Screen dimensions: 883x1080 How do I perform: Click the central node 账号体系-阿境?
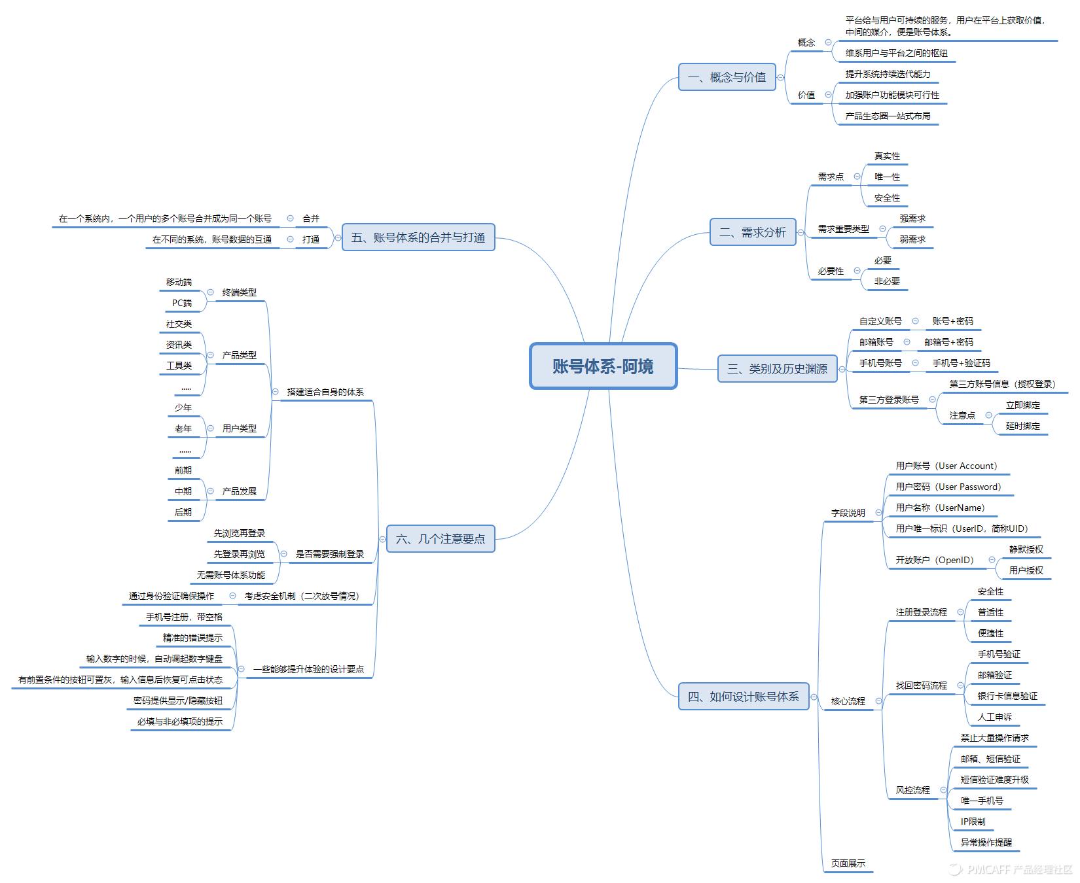click(x=603, y=366)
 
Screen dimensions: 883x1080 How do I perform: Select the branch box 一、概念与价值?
click(x=727, y=77)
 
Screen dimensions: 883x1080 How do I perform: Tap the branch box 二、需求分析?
click(x=753, y=232)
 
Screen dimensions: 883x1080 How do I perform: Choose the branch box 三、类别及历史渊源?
click(x=777, y=369)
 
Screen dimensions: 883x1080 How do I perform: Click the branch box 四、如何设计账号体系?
click(x=743, y=697)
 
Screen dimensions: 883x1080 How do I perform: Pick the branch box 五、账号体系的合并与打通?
click(x=418, y=237)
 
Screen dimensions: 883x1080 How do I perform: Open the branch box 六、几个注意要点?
click(x=441, y=539)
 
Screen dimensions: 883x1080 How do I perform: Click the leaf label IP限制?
click(x=973, y=822)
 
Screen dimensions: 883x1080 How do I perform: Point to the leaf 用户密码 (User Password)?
click(x=948, y=487)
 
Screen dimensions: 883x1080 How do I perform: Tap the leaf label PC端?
click(x=182, y=303)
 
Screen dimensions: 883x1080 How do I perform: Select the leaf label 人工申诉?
click(x=994, y=717)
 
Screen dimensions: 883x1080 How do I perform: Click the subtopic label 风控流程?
click(x=912, y=790)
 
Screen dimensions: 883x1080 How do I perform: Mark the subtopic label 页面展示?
click(x=848, y=863)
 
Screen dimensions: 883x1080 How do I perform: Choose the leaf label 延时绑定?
click(x=1022, y=426)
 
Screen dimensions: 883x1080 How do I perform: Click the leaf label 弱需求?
click(x=912, y=239)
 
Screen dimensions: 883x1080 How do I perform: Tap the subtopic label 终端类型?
click(x=239, y=292)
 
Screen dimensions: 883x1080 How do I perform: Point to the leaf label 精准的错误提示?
click(x=192, y=638)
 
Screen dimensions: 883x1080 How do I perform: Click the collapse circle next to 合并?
click(x=290, y=218)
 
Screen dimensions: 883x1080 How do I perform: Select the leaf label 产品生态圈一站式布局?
click(x=888, y=116)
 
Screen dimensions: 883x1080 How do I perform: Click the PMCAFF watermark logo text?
click(x=1011, y=869)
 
